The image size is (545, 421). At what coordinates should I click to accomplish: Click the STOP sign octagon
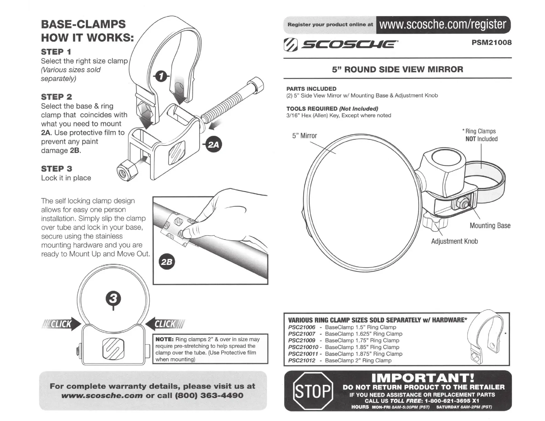point(313,391)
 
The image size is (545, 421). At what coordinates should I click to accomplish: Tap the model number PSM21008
point(491,43)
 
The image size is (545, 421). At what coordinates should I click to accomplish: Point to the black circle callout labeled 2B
point(167,262)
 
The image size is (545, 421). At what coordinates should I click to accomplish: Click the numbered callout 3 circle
point(114,298)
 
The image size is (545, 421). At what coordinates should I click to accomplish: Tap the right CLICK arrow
point(166,324)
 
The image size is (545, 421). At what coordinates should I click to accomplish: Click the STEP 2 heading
point(56,97)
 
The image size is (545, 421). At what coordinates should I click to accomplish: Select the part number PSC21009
point(301,341)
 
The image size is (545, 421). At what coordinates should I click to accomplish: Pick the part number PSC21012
point(301,360)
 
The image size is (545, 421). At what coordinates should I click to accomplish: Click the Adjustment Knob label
point(454,241)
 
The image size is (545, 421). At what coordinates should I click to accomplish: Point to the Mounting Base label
point(490,226)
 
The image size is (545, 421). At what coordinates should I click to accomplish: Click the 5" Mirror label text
point(304,136)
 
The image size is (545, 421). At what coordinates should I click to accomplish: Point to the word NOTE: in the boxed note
point(164,339)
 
